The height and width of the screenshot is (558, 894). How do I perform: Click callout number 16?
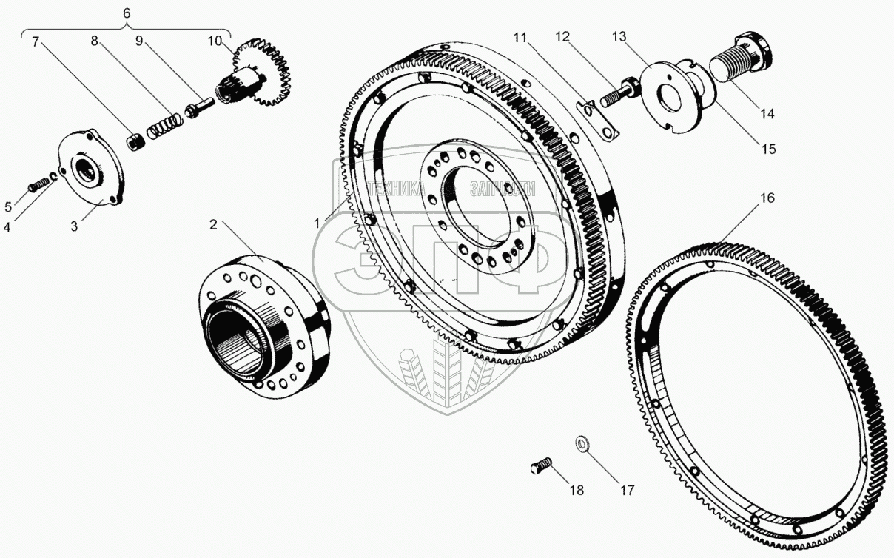point(767,199)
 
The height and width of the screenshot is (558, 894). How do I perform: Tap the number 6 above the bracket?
point(126,14)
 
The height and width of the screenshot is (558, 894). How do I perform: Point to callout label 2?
point(213,225)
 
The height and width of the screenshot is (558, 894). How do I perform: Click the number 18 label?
point(576,490)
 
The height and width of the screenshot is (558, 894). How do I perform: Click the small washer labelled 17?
point(583,444)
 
